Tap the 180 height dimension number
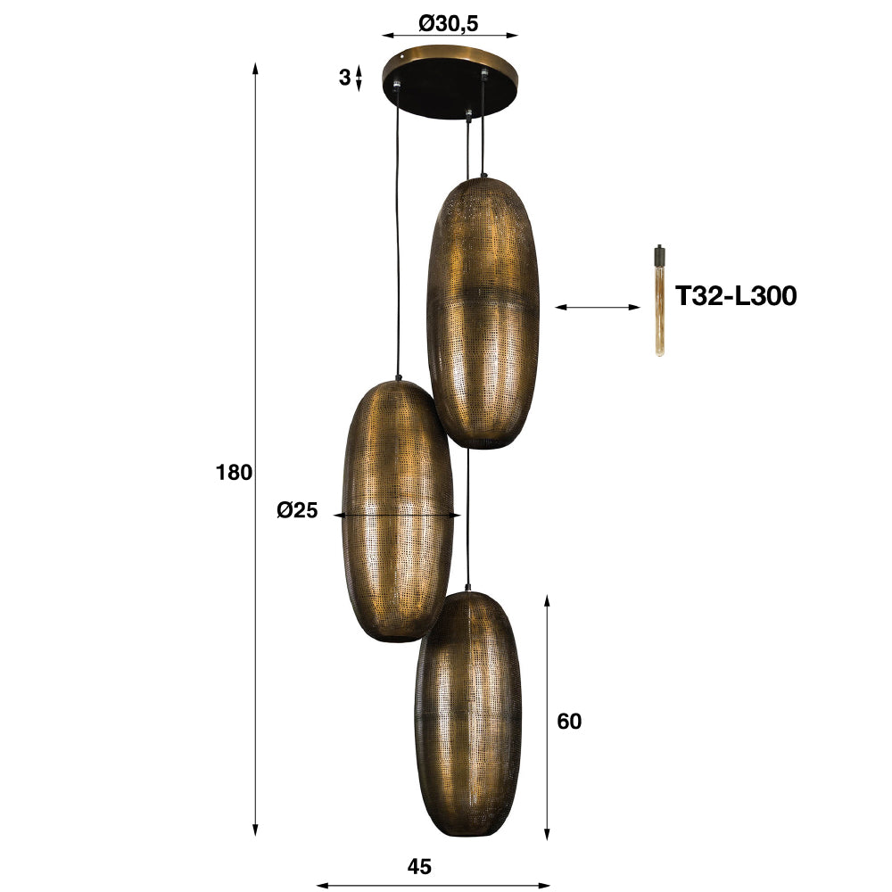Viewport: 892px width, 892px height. pyautogui.click(x=235, y=473)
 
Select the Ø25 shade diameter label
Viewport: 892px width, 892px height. pyautogui.click(x=297, y=511)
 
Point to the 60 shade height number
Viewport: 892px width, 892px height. pyautogui.click(x=569, y=721)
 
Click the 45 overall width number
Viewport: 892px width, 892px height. pyautogui.click(x=419, y=866)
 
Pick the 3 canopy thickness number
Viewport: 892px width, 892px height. pyautogui.click(x=344, y=78)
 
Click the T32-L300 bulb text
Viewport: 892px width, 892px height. pyautogui.click(x=735, y=296)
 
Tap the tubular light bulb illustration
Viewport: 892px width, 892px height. pyautogui.click(x=660, y=308)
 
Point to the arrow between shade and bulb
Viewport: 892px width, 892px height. pyautogui.click(x=598, y=308)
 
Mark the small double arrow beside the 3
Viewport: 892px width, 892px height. pyautogui.click(x=359, y=78)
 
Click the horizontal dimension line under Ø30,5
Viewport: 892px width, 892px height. pyautogui.click(x=450, y=37)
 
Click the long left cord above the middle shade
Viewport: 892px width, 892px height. pyautogui.click(x=395, y=232)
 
